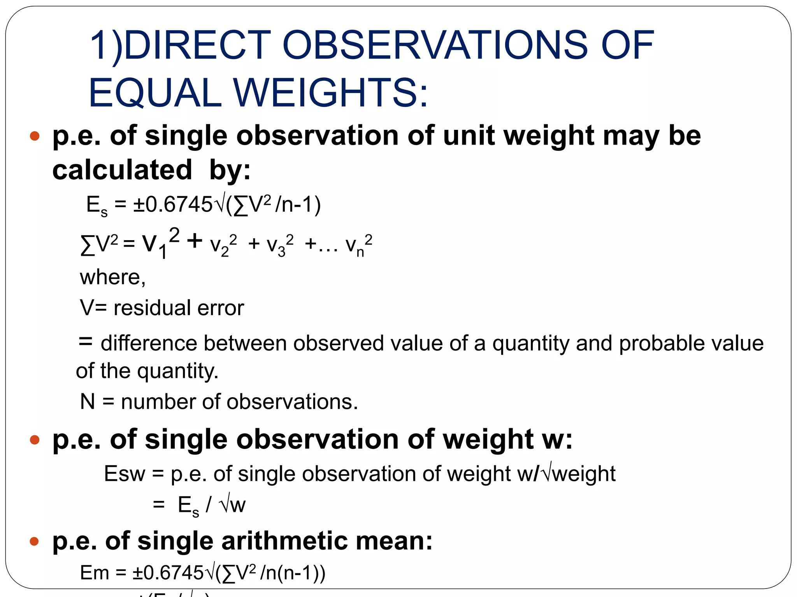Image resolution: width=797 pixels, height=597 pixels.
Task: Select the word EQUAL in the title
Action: tap(155, 93)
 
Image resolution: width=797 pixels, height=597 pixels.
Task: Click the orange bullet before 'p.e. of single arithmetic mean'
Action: tap(35, 541)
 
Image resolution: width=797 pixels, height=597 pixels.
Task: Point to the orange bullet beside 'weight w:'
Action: tap(35, 440)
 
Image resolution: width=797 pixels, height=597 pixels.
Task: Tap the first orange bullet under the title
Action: tap(35, 136)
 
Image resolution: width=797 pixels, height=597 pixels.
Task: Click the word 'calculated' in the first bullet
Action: tap(122, 170)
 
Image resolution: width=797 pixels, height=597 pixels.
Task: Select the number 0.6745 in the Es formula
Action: tap(179, 204)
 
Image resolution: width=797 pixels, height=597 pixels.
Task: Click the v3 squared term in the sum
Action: tap(279, 245)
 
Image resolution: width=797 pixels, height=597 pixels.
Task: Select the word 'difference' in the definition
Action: tap(149, 343)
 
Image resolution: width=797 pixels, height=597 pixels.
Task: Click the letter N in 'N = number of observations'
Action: tap(88, 401)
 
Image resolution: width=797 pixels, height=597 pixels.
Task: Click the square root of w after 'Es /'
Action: tap(233, 504)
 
